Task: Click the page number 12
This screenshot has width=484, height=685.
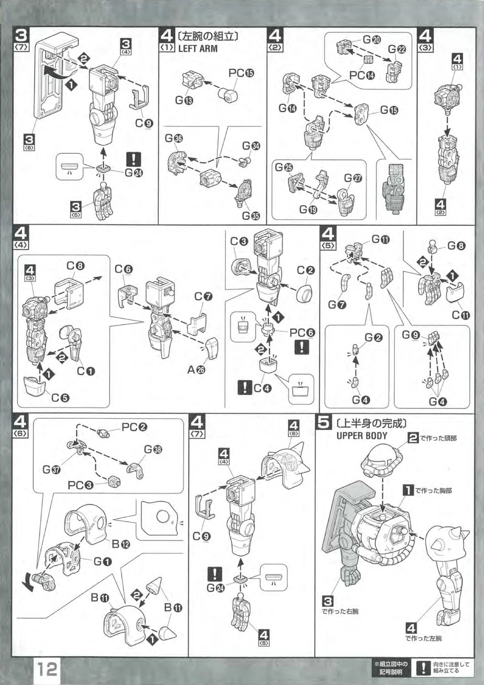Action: click(47, 669)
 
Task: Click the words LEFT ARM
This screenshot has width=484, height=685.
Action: click(198, 48)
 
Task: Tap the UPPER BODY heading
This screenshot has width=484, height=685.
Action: click(362, 435)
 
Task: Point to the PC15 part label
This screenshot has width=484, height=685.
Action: click(241, 73)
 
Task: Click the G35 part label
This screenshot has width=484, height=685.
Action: click(250, 216)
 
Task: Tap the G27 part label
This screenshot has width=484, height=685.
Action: click(353, 178)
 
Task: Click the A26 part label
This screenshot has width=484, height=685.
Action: click(196, 369)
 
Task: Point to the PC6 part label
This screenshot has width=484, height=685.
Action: click(302, 332)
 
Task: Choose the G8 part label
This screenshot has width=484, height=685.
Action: click(456, 246)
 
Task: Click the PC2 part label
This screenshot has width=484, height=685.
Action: click(134, 427)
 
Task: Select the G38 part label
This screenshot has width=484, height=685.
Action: click(153, 449)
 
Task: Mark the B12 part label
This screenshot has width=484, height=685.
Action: click(121, 543)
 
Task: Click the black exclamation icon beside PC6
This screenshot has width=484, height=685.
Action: click(302, 347)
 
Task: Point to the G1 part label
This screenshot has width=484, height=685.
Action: click(103, 561)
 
